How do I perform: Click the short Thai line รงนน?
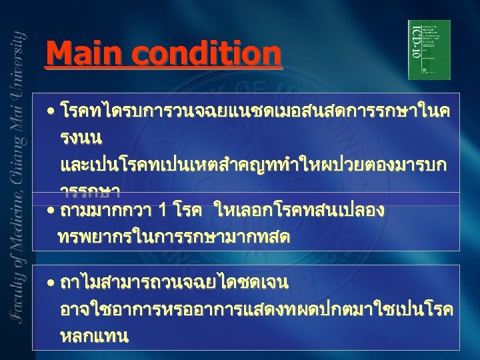[x=81, y=139]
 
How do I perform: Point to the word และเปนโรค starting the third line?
[x=93, y=164]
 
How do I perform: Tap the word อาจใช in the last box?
[x=81, y=310]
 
